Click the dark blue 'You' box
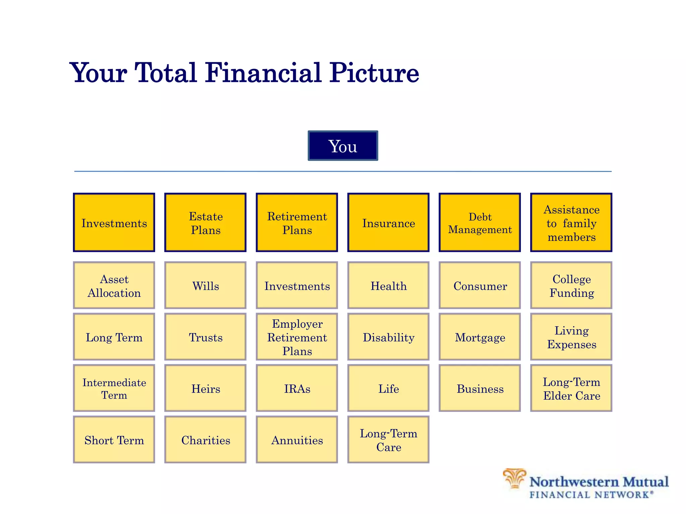point(343,146)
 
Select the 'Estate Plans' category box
point(205,223)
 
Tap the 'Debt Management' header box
point(480,223)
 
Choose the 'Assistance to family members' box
point(571,223)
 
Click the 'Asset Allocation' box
point(114,285)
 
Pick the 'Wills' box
point(205,285)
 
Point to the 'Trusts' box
point(205,337)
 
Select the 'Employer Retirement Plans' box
point(297,337)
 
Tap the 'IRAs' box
point(297,388)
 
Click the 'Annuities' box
point(297,440)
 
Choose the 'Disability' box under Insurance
point(388,337)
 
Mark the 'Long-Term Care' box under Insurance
point(388,440)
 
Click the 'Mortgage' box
point(480,337)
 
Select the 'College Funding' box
point(571,285)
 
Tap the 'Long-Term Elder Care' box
point(571,388)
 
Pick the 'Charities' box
point(205,440)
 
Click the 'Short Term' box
point(114,440)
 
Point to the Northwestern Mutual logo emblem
point(514,479)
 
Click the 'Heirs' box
point(205,388)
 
